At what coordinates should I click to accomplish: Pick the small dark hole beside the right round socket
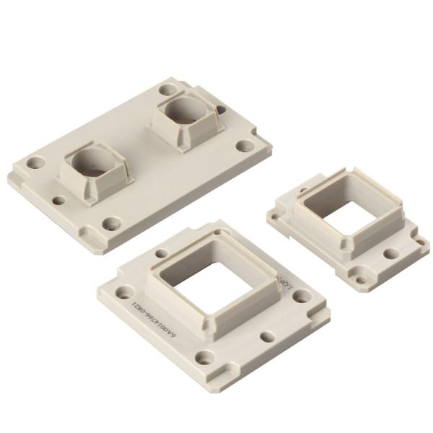tap(222, 110)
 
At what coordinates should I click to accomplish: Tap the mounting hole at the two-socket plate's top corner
tap(168, 92)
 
